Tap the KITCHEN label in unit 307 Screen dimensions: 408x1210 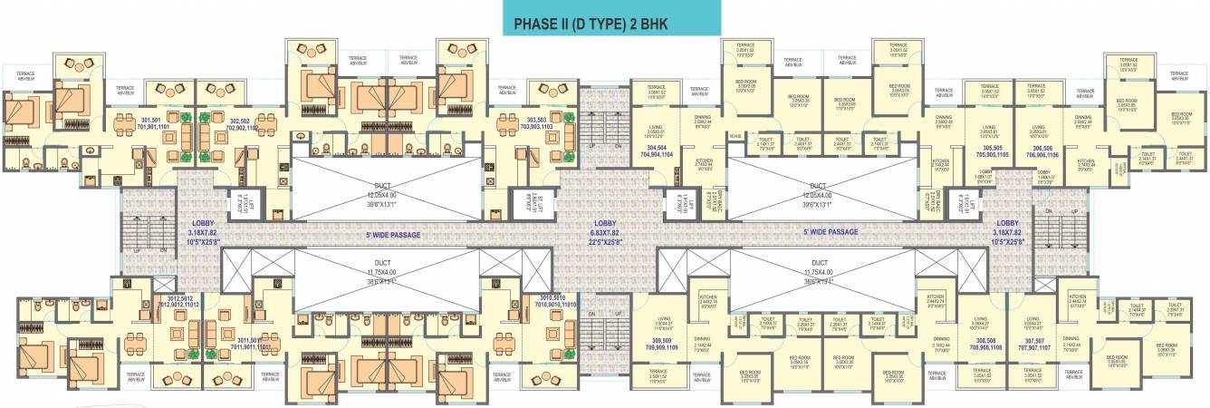1077,298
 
